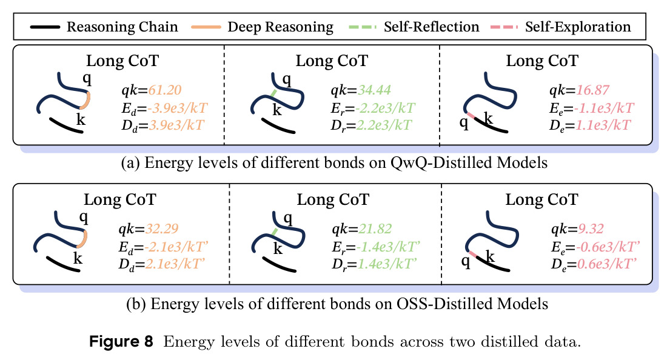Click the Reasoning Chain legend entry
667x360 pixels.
click(x=104, y=27)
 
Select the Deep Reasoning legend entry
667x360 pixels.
click(x=262, y=27)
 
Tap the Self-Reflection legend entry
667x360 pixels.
click(x=414, y=27)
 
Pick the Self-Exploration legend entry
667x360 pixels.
click(x=560, y=27)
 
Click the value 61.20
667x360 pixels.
click(x=164, y=90)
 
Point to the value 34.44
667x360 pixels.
click(x=374, y=90)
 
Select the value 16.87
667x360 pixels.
click(x=592, y=90)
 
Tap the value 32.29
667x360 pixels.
click(x=162, y=228)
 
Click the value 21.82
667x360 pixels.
click(x=375, y=228)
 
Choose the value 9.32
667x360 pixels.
click(x=591, y=228)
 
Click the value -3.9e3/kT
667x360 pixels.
click(x=178, y=108)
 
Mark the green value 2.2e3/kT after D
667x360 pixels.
click(x=384, y=125)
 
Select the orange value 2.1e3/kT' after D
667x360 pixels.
click(x=175, y=264)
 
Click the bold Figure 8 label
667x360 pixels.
click(x=121, y=342)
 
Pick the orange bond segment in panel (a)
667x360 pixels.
click(x=86, y=100)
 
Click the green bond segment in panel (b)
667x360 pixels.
click(x=274, y=232)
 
